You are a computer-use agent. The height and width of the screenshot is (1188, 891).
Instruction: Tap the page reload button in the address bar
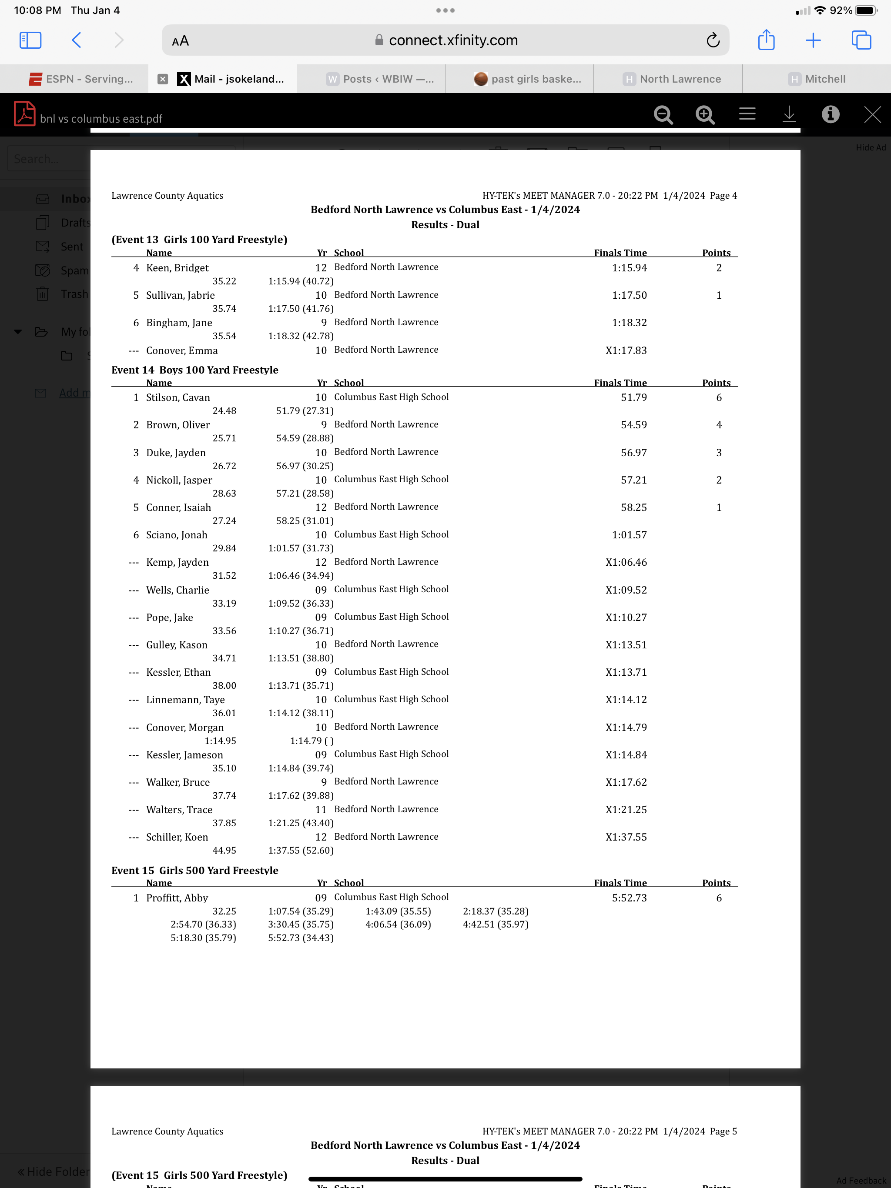(x=713, y=40)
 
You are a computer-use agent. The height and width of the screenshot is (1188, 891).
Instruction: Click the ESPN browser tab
(x=80, y=79)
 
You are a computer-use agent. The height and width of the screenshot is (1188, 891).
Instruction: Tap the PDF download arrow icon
(x=789, y=114)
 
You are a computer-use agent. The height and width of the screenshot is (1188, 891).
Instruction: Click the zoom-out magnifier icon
(x=663, y=114)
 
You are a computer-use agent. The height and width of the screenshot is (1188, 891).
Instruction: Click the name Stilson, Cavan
(x=178, y=397)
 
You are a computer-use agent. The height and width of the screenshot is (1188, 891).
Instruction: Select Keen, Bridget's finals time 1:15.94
(x=629, y=267)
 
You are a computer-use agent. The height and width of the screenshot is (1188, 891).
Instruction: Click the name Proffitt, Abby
(x=177, y=898)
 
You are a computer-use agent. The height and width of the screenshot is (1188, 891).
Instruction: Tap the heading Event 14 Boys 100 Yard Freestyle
(x=194, y=370)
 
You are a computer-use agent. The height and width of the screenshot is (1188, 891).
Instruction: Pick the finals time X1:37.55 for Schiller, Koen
(x=626, y=837)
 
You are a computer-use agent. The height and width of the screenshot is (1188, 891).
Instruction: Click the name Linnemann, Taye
(x=185, y=699)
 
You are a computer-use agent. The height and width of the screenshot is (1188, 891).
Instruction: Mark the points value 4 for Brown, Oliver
(x=718, y=425)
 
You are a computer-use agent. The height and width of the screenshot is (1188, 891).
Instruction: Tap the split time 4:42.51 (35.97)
(x=496, y=924)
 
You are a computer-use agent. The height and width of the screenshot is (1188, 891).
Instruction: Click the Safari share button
(x=766, y=40)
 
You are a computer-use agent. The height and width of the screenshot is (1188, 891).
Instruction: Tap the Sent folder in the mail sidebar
(x=71, y=247)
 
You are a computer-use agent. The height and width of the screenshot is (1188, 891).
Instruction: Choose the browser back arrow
(x=76, y=40)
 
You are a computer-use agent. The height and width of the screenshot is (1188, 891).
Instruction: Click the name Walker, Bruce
(x=178, y=782)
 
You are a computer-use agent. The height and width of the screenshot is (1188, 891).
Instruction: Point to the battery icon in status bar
(x=866, y=10)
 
